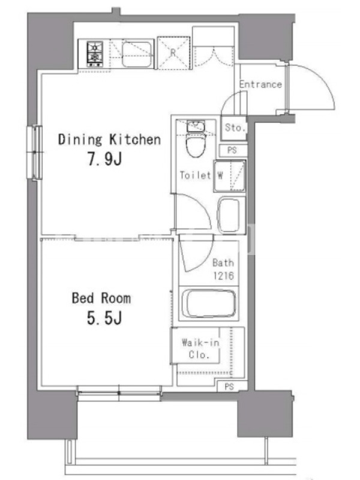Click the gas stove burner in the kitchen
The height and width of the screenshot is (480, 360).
coord(95,54)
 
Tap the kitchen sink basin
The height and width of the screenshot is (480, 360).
coord(137,55)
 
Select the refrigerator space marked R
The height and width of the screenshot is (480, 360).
coord(173,53)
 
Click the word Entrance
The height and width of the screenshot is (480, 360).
coord(260,84)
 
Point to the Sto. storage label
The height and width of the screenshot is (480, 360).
coord(235,127)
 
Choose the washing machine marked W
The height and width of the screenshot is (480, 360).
coord(230,176)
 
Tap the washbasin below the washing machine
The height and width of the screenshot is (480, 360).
coord(229,215)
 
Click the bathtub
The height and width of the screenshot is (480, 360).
coord(209,304)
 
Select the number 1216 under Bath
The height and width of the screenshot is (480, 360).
coord(223,276)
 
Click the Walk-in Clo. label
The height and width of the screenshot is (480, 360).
coord(200,349)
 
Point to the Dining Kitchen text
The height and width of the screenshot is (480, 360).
coord(109,140)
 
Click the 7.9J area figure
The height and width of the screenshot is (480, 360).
coord(105,159)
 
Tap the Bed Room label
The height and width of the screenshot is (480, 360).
coord(101,298)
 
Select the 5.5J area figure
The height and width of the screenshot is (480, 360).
coord(104,318)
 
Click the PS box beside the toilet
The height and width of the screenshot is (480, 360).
coord(233,151)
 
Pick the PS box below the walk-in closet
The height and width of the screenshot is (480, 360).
coord(230,386)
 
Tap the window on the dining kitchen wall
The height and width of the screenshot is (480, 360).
coord(34,152)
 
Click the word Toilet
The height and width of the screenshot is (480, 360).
coord(196,175)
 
